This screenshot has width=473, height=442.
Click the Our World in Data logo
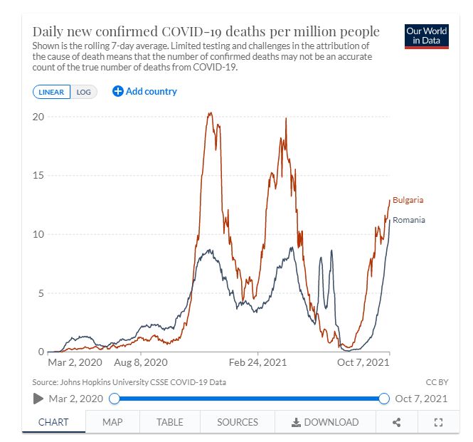pyautogui.click(x=425, y=37)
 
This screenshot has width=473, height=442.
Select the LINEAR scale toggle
pyautogui.click(x=51, y=92)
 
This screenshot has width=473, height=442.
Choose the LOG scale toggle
pyautogui.click(x=84, y=92)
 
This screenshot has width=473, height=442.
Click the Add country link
pyautogui.click(x=144, y=91)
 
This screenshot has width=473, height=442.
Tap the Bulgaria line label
pyautogui.click(x=408, y=200)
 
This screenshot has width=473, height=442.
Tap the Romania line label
pyautogui.click(x=408, y=220)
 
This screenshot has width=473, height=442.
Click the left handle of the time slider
pyautogui.click(x=114, y=399)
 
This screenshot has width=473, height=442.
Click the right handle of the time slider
pyautogui.click(x=385, y=399)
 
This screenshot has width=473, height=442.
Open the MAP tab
pyautogui.click(x=112, y=422)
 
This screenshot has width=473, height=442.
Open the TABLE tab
pyautogui.click(x=169, y=422)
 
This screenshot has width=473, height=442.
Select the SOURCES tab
pyautogui.click(x=238, y=422)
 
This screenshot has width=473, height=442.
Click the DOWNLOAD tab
pyautogui.click(x=325, y=422)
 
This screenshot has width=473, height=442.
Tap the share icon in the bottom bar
pyautogui.click(x=397, y=422)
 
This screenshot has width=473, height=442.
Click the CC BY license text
pyautogui.click(x=437, y=382)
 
